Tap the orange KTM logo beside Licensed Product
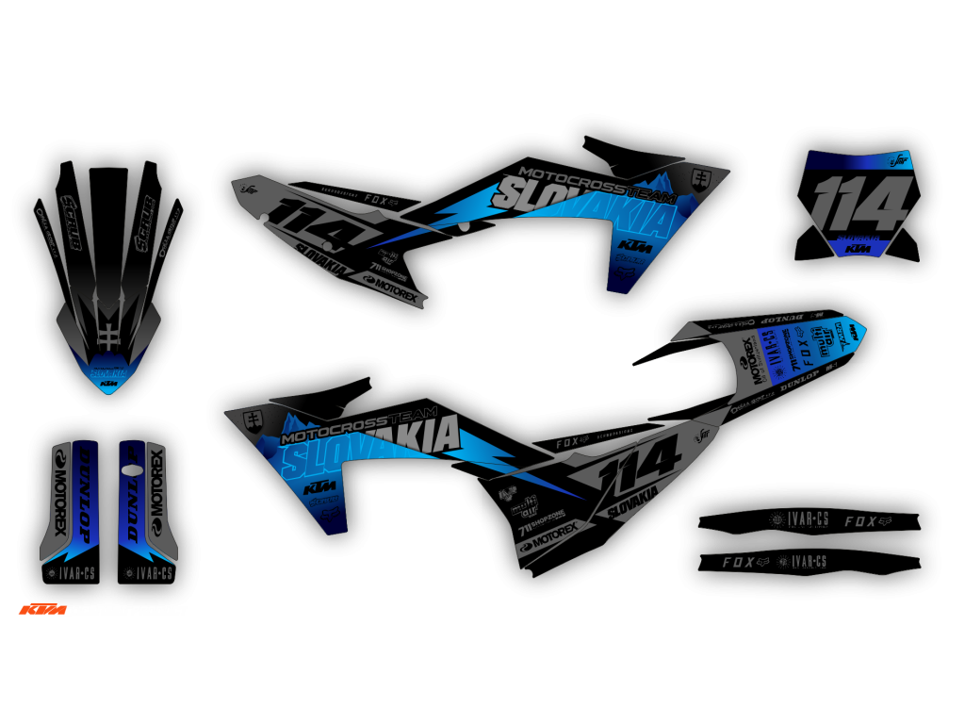(39, 611)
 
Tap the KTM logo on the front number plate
(858, 250)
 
